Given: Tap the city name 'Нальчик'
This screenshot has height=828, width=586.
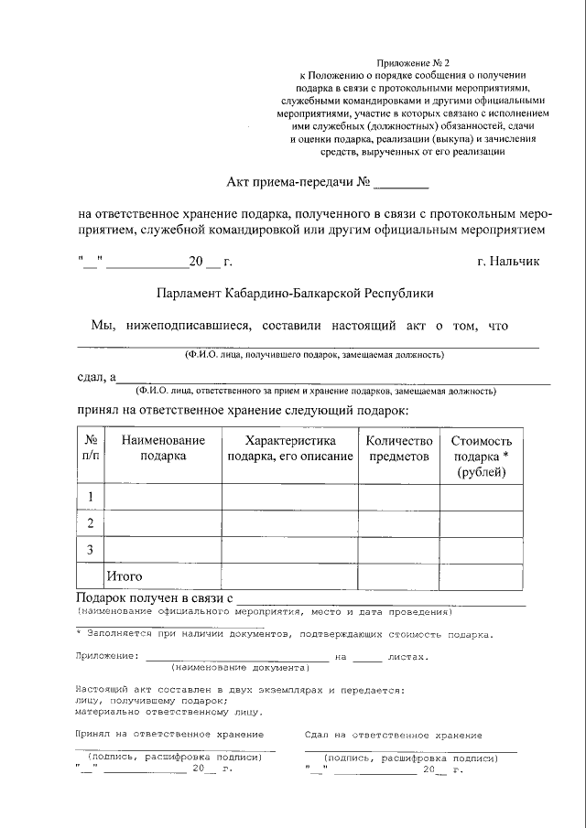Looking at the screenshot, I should (508, 262).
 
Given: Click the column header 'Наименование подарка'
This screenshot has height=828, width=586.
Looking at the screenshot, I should (163, 447).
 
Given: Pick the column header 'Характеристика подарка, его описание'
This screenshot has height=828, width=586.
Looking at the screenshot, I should (289, 447).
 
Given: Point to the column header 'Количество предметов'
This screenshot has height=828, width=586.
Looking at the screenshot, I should (398, 447).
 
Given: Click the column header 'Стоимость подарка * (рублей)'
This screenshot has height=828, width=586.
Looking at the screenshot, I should (482, 456).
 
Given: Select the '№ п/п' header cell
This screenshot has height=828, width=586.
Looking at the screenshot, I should (91, 447).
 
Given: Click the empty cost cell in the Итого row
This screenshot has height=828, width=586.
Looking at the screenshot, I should (482, 576).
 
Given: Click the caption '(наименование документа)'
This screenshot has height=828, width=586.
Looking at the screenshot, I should (236, 668).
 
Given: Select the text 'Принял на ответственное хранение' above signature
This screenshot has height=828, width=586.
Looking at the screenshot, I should (168, 735).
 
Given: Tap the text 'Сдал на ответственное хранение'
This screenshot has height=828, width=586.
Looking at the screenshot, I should (393, 735).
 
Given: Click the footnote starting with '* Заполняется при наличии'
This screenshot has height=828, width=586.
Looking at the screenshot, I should (284, 634).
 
